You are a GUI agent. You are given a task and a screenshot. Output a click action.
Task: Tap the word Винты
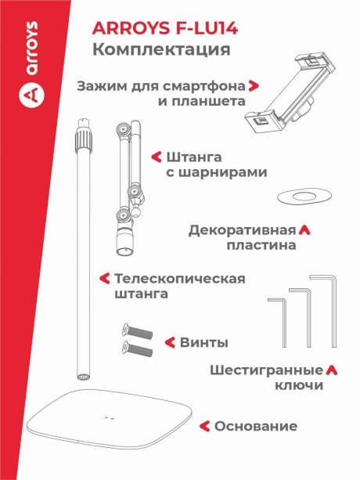[x=204, y=343]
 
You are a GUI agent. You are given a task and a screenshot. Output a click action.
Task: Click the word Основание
[x=256, y=426]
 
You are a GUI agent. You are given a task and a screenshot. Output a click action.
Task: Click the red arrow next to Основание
[x=205, y=426]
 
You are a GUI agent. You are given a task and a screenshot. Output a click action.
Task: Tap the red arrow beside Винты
[x=168, y=343]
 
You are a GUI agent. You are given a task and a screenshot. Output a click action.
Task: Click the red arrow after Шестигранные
[x=331, y=370]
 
